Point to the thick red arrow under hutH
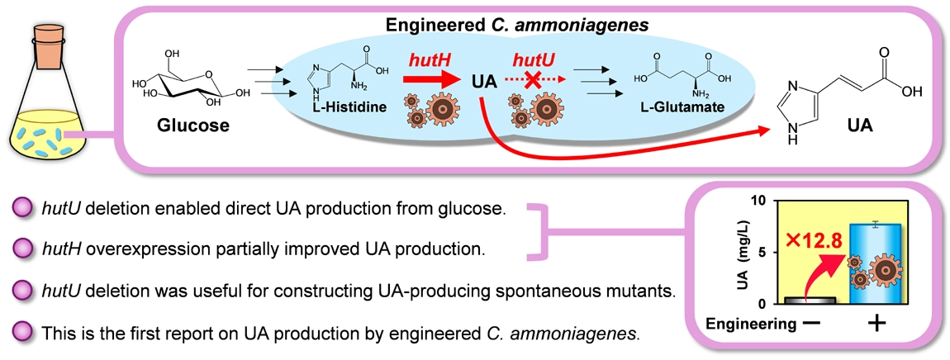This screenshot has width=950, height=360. click(x=435, y=82)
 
